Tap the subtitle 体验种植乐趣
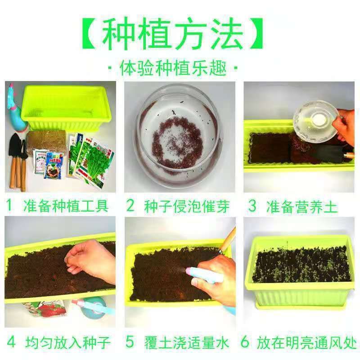(173, 68)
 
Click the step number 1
(9, 205)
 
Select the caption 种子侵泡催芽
(187, 207)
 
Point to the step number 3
(252, 206)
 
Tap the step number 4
(11, 342)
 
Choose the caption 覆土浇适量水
(187, 342)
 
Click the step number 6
(245, 342)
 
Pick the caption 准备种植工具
(66, 206)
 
